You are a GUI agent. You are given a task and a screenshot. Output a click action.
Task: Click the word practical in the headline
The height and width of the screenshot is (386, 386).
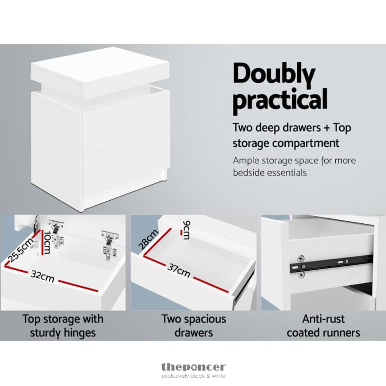click(280, 100)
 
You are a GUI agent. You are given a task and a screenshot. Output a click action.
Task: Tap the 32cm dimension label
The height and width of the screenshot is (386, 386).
click(42, 276)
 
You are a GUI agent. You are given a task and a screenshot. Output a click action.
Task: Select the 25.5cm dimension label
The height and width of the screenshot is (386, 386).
click(21, 250)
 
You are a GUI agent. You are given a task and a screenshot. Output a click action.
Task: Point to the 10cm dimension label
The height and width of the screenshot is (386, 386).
click(47, 242)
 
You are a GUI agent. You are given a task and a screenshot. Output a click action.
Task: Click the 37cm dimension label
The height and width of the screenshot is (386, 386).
click(179, 270)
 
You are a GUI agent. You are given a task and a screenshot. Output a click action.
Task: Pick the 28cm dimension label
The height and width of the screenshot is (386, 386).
click(148, 239)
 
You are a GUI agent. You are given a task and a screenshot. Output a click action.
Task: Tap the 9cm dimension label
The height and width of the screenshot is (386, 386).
click(187, 230)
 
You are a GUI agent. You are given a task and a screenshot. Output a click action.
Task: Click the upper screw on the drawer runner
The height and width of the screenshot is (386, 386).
click(301, 259)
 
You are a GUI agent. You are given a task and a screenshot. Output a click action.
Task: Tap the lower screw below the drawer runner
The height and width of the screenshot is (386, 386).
click(301, 275)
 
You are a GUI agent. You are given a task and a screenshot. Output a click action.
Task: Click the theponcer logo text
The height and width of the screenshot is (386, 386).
click(193, 367)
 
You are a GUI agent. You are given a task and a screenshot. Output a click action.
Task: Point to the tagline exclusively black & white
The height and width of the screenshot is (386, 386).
click(193, 376)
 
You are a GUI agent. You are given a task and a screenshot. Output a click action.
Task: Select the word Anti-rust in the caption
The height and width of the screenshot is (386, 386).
click(323, 319)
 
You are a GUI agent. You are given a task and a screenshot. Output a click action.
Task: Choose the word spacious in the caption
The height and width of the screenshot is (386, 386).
click(205, 319)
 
